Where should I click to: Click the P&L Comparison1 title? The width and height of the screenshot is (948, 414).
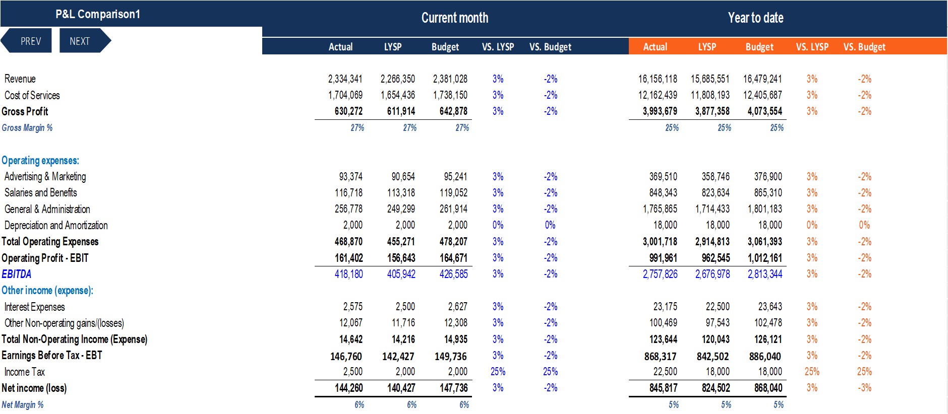pyautogui.click(x=98, y=14)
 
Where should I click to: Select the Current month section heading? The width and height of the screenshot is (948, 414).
pyautogui.click(x=455, y=18)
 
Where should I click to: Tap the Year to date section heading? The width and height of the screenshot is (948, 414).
pyautogui.click(x=755, y=18)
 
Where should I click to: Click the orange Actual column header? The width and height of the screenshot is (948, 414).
pyautogui.click(x=655, y=47)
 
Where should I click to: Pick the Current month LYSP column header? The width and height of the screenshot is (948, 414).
pyautogui.click(x=393, y=47)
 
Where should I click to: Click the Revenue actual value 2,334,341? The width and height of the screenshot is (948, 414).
pyautogui.click(x=345, y=79)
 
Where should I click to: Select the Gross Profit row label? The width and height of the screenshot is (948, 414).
pyautogui.click(x=25, y=112)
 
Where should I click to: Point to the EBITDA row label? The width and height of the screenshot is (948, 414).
pyautogui.click(x=17, y=274)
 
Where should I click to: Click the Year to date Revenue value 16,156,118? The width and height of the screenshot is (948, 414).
pyautogui.click(x=658, y=79)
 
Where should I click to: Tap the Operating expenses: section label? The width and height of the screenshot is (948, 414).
pyautogui.click(x=40, y=161)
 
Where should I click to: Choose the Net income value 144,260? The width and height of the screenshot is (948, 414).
pyautogui.click(x=348, y=388)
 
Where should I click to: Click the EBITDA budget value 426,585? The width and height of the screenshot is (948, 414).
pyautogui.click(x=453, y=274)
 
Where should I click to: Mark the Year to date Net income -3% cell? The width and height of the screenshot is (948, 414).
pyautogui.click(x=864, y=388)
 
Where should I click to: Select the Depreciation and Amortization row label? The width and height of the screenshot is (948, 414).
pyautogui.click(x=56, y=226)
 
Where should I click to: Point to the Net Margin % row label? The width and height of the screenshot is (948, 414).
pyautogui.click(x=23, y=405)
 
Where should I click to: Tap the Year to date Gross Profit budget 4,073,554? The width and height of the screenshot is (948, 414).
pyautogui.click(x=764, y=111)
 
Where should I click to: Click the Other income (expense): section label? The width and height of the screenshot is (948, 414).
pyautogui.click(x=47, y=291)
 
